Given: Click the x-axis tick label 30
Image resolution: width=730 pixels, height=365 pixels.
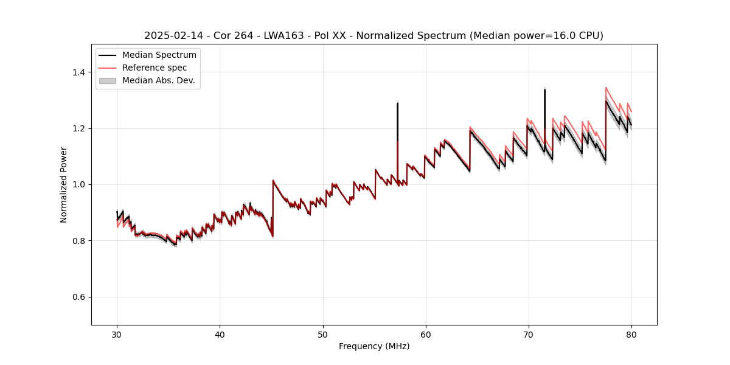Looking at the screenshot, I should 117,335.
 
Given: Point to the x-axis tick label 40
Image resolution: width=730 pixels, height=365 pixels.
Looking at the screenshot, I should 220,335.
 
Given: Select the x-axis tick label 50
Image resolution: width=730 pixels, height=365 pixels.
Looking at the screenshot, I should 323,335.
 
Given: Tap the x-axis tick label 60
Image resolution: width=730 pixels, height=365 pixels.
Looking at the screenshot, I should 426,335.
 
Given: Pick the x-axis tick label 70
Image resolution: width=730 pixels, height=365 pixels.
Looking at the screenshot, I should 529,335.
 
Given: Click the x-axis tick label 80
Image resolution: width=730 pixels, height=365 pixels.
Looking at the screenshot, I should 631,335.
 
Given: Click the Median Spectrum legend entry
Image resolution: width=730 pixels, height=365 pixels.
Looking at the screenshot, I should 159,55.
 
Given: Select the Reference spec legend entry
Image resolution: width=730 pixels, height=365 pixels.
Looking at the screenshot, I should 154,68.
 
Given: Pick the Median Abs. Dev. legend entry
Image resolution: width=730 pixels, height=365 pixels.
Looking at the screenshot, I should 158,80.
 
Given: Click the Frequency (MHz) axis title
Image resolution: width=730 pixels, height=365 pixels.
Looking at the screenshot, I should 374,346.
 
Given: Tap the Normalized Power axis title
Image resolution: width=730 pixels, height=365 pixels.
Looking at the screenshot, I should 64,184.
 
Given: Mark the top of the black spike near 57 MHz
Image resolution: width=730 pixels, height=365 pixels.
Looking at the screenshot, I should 397,103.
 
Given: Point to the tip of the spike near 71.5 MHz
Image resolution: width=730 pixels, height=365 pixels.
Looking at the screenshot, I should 544,89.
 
